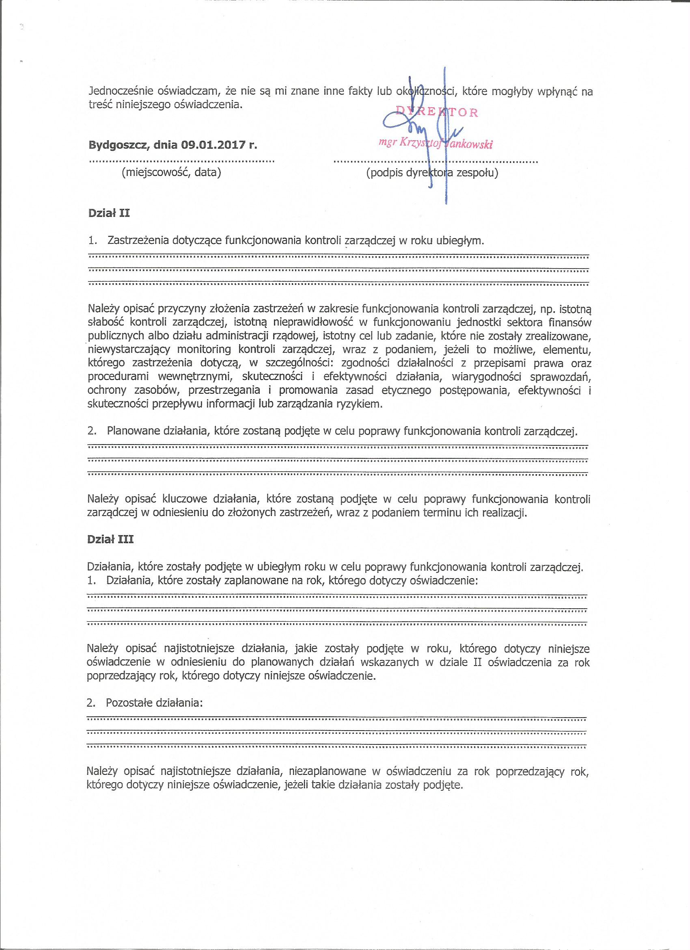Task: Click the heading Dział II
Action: [109, 213]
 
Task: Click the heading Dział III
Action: [110, 539]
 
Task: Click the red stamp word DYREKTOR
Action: [437, 112]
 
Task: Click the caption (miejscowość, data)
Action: [171, 172]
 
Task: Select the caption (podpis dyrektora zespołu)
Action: [432, 173]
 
